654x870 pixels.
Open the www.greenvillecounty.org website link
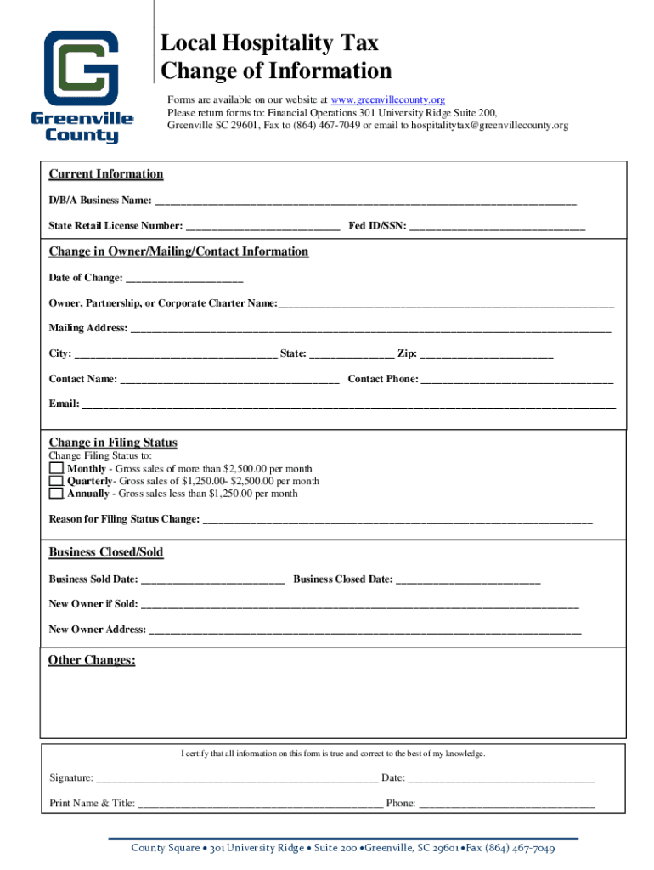point(387,99)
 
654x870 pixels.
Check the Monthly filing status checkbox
point(56,468)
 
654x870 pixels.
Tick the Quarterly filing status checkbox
point(56,481)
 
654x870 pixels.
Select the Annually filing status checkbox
point(56,493)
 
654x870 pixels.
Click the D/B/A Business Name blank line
point(365,201)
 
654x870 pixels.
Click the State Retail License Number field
point(262,226)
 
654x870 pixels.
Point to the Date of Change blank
point(184,278)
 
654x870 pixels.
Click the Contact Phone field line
point(517,379)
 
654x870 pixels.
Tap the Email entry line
point(347,404)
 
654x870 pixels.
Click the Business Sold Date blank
point(212,579)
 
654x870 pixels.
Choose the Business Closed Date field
point(468,579)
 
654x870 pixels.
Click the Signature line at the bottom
point(238,777)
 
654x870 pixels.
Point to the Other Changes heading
point(92,660)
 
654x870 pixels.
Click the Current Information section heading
point(105,174)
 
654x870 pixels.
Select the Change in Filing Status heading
point(113,443)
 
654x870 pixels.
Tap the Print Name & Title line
point(260,803)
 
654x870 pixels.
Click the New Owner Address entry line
point(365,630)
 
